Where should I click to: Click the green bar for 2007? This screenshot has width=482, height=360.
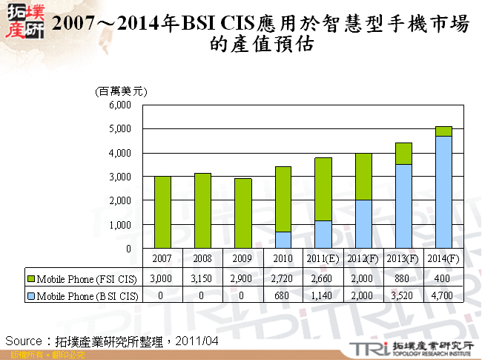(x=162, y=212)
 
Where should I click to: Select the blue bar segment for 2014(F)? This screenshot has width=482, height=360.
(x=443, y=192)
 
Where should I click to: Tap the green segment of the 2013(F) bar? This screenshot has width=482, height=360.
(x=403, y=154)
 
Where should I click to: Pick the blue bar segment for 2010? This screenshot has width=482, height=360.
(x=283, y=240)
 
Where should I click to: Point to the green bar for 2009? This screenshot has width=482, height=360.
(x=242, y=213)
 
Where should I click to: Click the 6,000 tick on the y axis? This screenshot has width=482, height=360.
(x=119, y=105)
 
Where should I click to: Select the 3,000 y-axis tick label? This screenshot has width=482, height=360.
(x=119, y=177)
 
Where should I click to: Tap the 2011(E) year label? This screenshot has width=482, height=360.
(x=323, y=258)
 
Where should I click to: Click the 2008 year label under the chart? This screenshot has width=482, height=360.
(x=202, y=258)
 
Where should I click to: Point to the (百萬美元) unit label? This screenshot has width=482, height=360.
(x=122, y=91)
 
